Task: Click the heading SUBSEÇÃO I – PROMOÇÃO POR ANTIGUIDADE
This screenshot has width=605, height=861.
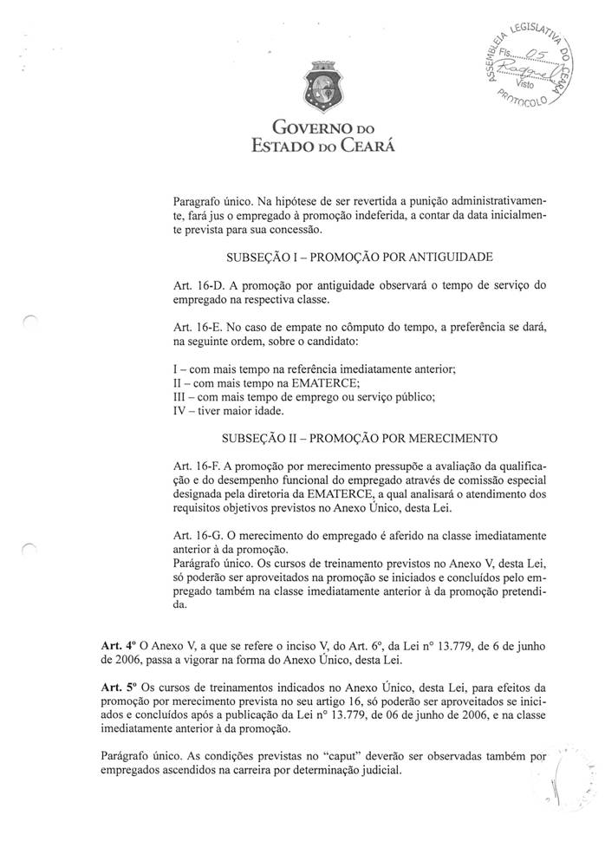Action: click(360, 258)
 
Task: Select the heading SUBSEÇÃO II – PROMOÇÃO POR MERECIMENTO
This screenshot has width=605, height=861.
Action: click(360, 436)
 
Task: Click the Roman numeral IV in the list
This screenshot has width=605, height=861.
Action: click(181, 411)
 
